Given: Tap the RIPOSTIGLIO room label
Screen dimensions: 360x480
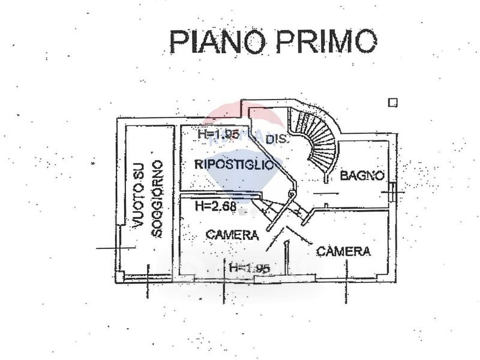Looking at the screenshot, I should click(x=238, y=164).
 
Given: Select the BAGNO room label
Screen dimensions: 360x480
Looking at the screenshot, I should click(x=362, y=176).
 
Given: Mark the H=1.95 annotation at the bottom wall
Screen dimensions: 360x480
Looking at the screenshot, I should click(x=249, y=268).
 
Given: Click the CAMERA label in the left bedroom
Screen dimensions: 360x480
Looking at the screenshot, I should click(x=232, y=235).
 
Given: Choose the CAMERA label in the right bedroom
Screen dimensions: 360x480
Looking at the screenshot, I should click(x=343, y=251).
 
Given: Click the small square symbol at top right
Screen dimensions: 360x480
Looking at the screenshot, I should click(x=392, y=103).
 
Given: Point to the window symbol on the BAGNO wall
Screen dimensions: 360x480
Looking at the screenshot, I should click(x=392, y=190).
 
